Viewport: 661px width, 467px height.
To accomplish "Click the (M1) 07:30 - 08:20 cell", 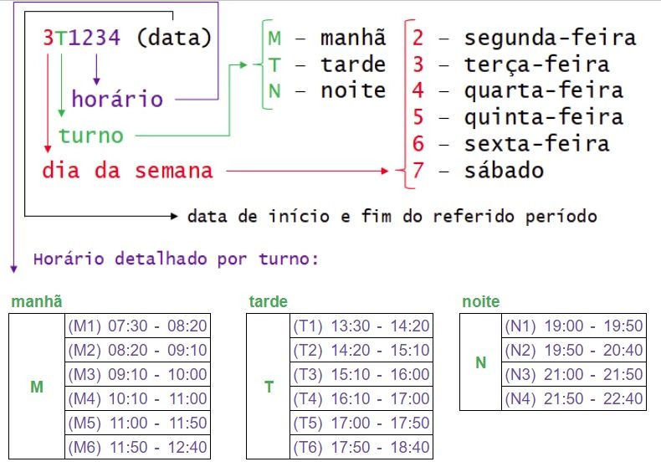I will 137,326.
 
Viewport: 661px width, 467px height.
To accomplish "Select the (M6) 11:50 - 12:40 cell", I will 137,447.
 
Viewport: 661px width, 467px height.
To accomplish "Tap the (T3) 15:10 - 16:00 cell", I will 361,374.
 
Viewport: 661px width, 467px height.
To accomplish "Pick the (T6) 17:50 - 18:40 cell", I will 361,447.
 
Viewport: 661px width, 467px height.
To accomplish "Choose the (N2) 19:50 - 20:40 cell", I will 574,350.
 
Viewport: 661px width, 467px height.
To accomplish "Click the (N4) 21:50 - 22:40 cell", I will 574,398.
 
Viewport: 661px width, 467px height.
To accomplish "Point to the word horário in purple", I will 117,100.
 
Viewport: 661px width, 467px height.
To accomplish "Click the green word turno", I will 91,135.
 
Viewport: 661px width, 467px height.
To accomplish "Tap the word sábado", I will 504,171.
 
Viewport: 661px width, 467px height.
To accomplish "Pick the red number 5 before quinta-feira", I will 418,117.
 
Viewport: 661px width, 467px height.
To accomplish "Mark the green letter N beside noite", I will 275,90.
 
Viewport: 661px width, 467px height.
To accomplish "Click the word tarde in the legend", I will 352,64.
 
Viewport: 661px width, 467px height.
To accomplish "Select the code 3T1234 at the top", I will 81,38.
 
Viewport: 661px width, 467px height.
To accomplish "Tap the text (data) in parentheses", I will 173,38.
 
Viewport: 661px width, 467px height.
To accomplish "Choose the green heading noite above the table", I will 480,301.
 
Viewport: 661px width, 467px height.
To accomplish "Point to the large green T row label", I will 269,387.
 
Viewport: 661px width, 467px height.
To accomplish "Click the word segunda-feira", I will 550,38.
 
